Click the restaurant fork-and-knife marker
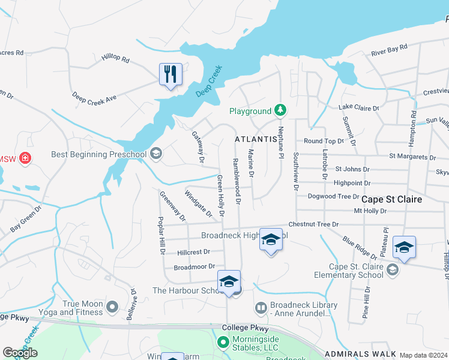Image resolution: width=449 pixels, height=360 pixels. coord(170,74)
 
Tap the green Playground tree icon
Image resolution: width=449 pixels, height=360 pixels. coord(280,110)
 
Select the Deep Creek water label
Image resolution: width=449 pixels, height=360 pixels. coord(209,82)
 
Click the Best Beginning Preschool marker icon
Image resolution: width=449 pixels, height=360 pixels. coord(156,154)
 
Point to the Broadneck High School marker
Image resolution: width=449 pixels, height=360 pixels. coord(271,241)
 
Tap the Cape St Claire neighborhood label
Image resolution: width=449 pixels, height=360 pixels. coord(391,199)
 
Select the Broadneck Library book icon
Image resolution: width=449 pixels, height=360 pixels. coord(261,308)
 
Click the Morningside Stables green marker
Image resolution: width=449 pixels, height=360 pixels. coord(222,342)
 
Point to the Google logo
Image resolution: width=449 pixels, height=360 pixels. coord(20,353)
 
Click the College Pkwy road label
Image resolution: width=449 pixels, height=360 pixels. coord(244,328)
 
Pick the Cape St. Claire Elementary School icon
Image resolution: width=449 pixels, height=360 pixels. coord(393,269)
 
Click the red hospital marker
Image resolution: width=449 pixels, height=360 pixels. coord(25,159)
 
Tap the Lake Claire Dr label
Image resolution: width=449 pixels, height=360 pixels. coord(359,107)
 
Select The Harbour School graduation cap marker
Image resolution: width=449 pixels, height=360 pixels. coord(229,281)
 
